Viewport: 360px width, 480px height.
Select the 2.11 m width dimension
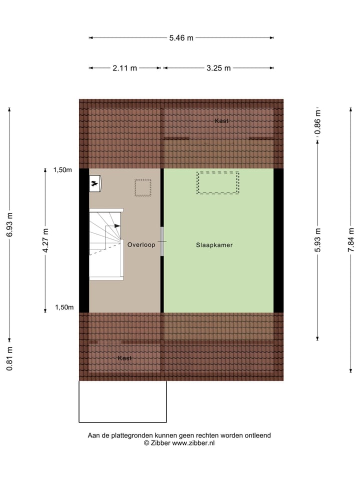[x=125, y=68]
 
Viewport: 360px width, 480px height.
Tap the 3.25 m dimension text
[x=218, y=68]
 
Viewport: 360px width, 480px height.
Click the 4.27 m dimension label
[x=45, y=240]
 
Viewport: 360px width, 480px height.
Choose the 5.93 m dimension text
[x=317, y=240]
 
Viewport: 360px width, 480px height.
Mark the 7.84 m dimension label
[x=352, y=240]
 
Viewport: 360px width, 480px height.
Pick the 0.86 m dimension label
[x=317, y=122]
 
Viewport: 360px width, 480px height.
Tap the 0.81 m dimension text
[x=9, y=358]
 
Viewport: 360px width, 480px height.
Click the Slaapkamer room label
[x=214, y=245]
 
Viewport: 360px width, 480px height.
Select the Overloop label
[x=141, y=245]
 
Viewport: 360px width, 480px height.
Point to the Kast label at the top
[x=222, y=121]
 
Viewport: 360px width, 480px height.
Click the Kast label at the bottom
[x=125, y=358]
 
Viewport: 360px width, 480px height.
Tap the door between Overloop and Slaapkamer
[x=161, y=242]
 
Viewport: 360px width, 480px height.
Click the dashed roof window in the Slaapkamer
[x=218, y=182]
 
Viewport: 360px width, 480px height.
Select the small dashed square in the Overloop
[x=143, y=188]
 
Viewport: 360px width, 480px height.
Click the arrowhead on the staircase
[x=117, y=226]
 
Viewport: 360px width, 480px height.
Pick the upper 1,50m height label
[x=62, y=170]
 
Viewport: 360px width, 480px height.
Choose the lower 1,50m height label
[x=64, y=307]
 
